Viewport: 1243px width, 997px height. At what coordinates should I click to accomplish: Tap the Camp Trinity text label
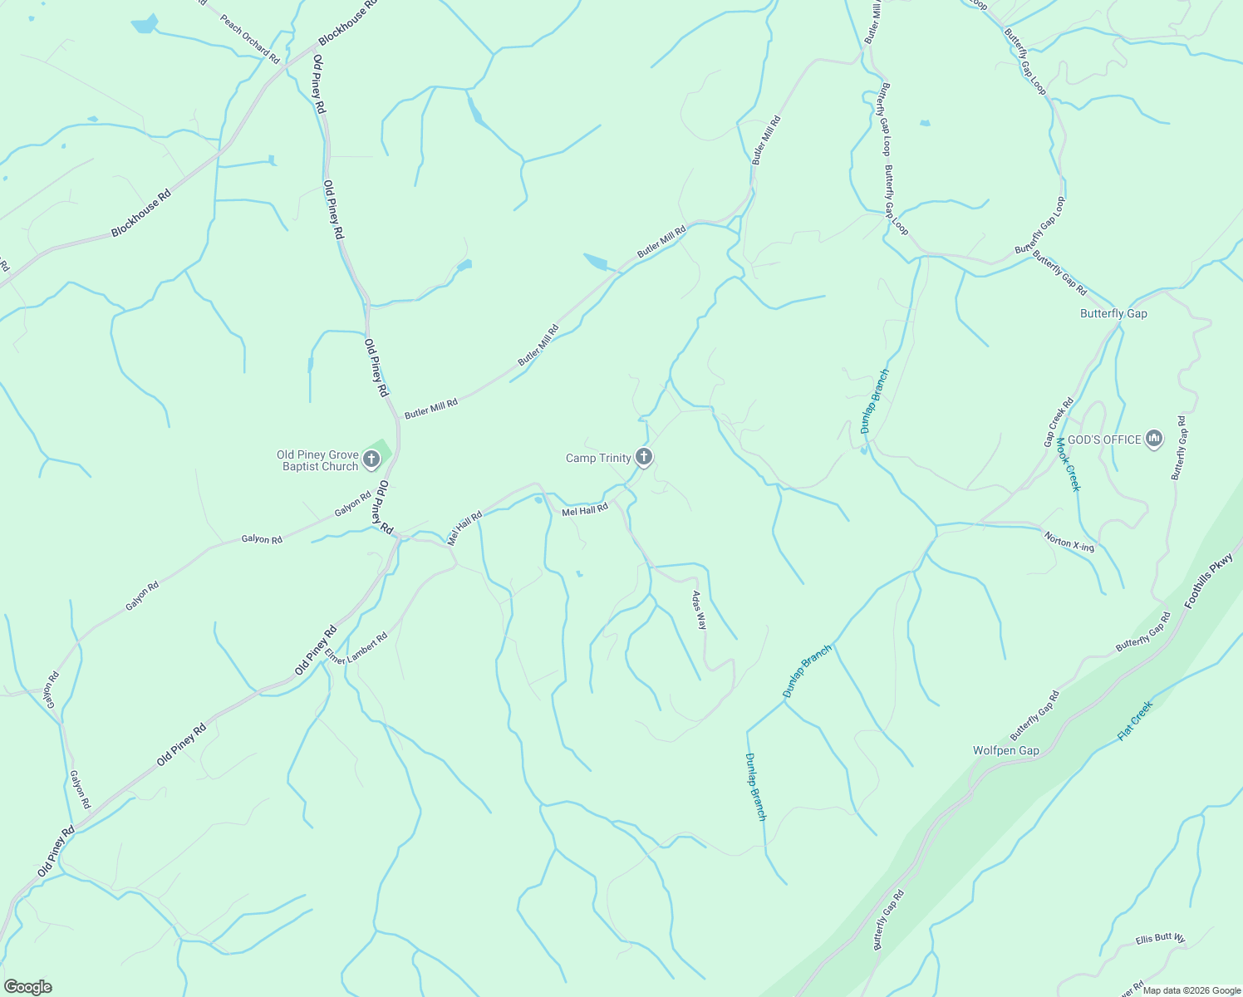click(x=598, y=458)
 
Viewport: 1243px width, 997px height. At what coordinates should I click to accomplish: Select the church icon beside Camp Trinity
click(x=643, y=456)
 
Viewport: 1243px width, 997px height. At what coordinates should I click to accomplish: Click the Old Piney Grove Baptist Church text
click(x=318, y=460)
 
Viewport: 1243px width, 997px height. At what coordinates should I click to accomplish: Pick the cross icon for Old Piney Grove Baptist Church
click(x=371, y=458)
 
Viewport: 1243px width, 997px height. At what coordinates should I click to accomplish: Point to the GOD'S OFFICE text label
click(x=1104, y=440)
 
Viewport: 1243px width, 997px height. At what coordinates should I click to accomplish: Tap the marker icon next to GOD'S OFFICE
click(x=1153, y=439)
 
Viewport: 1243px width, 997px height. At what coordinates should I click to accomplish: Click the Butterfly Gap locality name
click(x=1113, y=313)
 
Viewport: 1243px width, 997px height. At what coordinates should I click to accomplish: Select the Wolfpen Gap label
click(x=1006, y=750)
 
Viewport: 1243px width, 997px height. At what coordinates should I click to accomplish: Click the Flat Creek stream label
click(x=1135, y=720)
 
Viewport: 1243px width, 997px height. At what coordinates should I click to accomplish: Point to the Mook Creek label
click(x=1068, y=464)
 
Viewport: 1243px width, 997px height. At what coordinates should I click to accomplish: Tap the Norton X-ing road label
click(x=1069, y=542)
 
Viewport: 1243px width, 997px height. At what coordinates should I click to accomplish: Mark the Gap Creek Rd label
click(x=1059, y=422)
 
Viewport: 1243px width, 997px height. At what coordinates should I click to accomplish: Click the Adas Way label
click(x=700, y=610)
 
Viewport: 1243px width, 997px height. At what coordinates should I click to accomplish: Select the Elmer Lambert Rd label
click(x=356, y=648)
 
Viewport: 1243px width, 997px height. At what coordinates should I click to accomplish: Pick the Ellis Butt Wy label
click(x=1160, y=939)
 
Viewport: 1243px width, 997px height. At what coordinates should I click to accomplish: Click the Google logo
click(x=28, y=987)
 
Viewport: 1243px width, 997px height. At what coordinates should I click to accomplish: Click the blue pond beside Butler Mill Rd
click(x=596, y=263)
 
